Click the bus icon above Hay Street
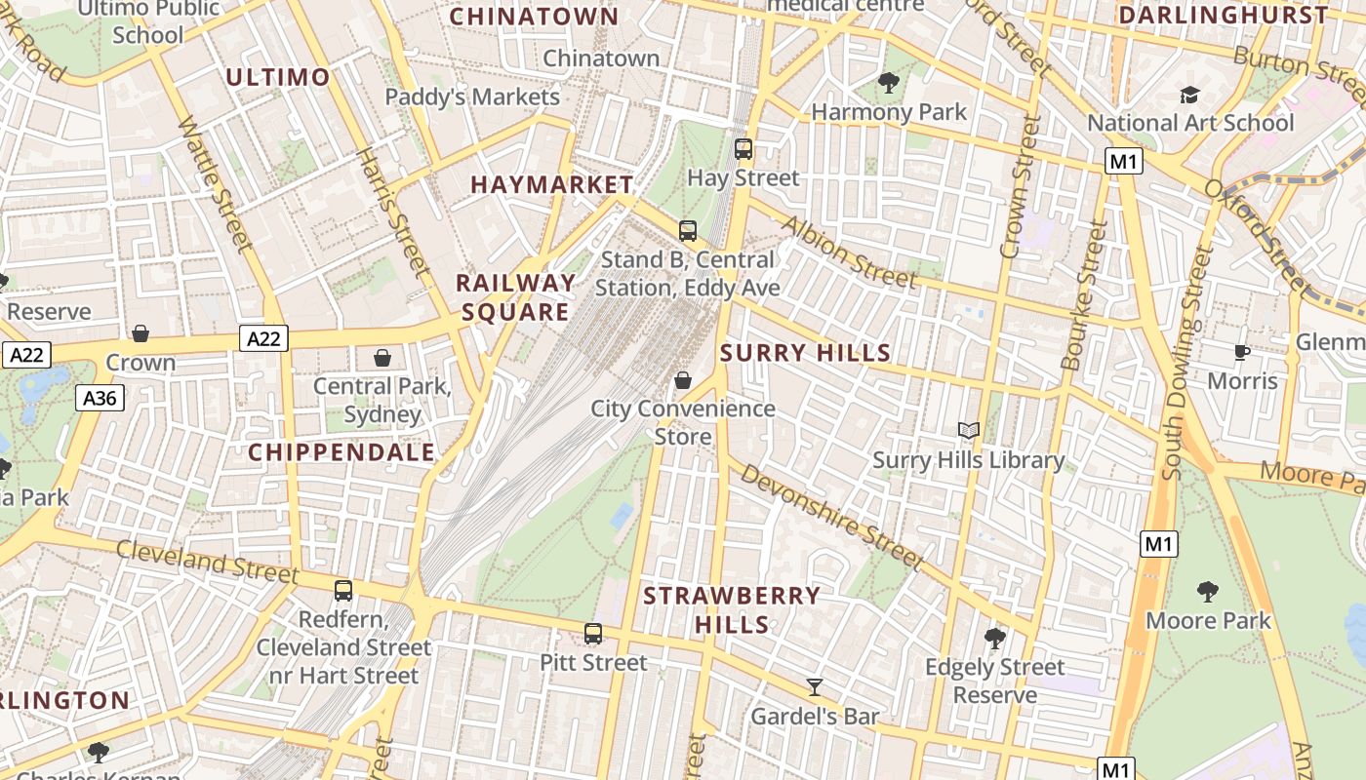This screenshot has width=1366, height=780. pyautogui.click(x=743, y=149)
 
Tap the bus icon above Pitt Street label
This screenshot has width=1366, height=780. pyautogui.click(x=593, y=634)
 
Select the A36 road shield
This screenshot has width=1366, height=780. pyautogui.click(x=100, y=397)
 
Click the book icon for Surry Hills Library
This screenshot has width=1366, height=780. pyautogui.click(x=968, y=430)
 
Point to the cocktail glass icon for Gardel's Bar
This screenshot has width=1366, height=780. pyautogui.click(x=815, y=687)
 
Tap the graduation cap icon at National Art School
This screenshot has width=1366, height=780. pyautogui.click(x=1189, y=95)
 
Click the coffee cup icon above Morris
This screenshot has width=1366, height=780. pyautogui.click(x=1242, y=352)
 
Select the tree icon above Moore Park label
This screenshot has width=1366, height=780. pyautogui.click(x=1208, y=591)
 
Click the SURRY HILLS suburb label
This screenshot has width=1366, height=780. pyautogui.click(x=805, y=353)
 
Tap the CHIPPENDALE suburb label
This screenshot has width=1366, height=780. pyautogui.click(x=341, y=452)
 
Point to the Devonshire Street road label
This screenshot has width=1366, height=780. pyautogui.click(x=830, y=517)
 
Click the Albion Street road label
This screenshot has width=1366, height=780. pyautogui.click(x=849, y=252)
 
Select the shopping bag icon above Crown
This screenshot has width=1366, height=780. pyautogui.click(x=141, y=333)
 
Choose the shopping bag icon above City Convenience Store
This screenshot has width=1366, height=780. pyautogui.click(x=683, y=380)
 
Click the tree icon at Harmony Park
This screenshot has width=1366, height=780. pyautogui.click(x=888, y=83)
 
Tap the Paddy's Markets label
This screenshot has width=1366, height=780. pyautogui.click(x=472, y=97)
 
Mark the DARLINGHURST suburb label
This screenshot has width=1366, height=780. pyautogui.click(x=1224, y=16)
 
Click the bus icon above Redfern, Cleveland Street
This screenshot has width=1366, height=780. pyautogui.click(x=343, y=590)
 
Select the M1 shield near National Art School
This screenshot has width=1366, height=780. pyautogui.click(x=1124, y=162)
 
